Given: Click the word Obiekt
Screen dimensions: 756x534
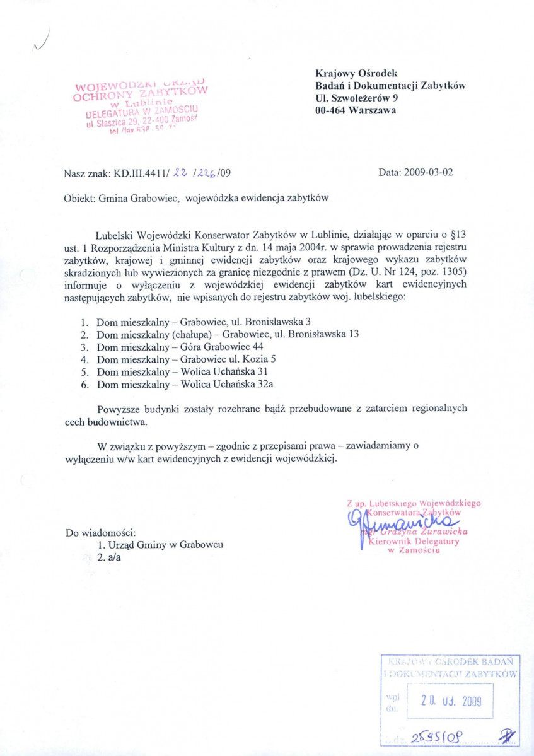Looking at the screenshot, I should tap(79, 197).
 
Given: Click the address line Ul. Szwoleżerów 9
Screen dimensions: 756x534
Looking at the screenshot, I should tap(356, 98).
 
